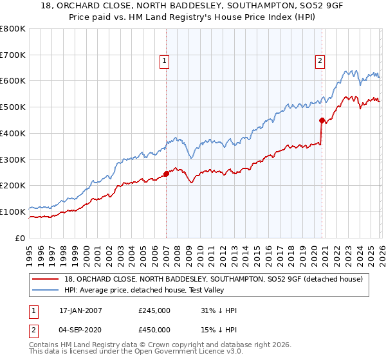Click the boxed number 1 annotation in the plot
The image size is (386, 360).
(165, 61)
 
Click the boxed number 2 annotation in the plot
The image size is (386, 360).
(320, 61)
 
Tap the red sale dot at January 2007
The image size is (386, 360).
(166, 173)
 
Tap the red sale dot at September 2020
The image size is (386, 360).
(321, 120)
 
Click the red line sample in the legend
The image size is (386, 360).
(46, 279)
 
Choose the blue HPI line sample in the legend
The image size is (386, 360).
(46, 290)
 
